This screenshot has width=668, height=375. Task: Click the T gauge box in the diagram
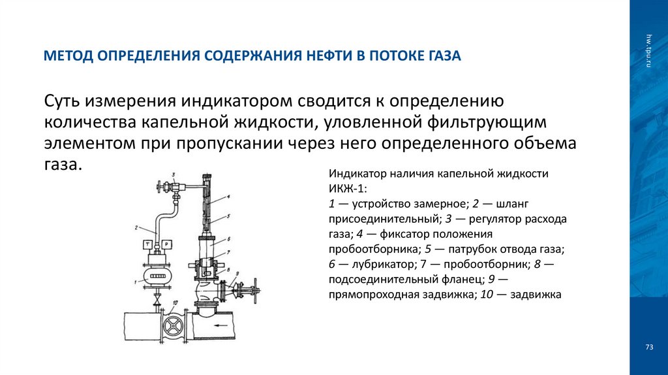tap(147, 244)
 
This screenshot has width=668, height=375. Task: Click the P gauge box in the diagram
tap(166, 244)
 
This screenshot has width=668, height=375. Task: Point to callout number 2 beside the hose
tap(136, 228)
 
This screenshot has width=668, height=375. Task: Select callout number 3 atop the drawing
tap(174, 174)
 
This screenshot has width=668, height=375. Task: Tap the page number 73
tap(649, 346)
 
